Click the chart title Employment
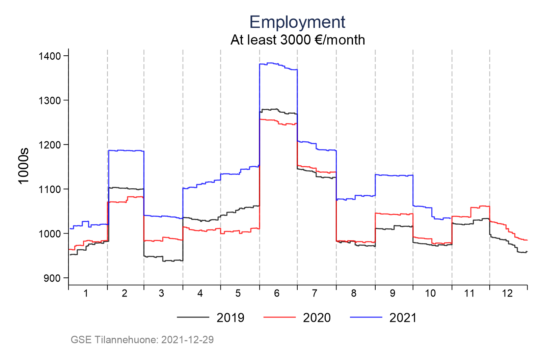coord(297,22)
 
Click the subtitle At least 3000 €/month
coord(297,40)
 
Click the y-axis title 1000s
coord(24,166)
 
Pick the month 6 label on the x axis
coord(277,294)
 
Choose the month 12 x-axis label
coord(507,294)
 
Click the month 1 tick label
coord(86,294)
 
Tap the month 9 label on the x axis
coord(392,294)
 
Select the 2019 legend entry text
coord(230,318)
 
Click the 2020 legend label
coord(317,318)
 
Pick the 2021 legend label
coord(403,318)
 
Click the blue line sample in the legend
coord(366,317)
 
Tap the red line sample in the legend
coord(279,317)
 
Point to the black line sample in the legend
coord(193,317)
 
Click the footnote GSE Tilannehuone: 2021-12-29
coord(142,340)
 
